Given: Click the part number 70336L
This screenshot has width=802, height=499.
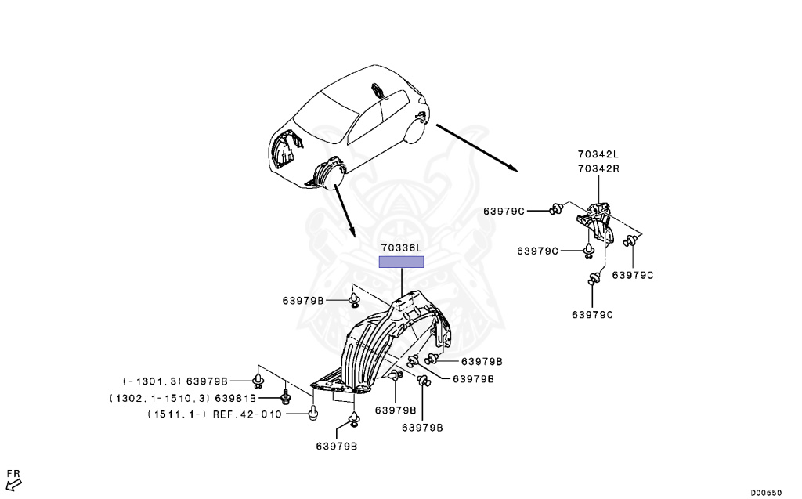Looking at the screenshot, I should tap(401, 248).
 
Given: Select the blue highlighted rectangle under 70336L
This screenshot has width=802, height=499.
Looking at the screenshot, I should tap(401, 262).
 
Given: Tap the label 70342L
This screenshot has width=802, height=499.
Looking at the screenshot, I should tap(598, 157).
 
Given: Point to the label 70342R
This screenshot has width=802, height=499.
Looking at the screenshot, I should tap(598, 168).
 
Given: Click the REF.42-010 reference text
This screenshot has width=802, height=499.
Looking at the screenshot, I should tap(247, 414).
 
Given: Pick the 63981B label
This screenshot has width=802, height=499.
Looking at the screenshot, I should tap(249, 398).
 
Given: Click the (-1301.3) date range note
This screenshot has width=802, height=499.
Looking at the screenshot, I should tap(151, 381).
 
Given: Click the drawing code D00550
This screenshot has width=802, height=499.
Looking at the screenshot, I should tap(765, 493).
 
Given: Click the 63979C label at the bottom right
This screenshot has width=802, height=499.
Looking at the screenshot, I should tap(592, 314).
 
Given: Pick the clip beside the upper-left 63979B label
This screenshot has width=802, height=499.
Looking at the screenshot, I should tap(356, 299).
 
